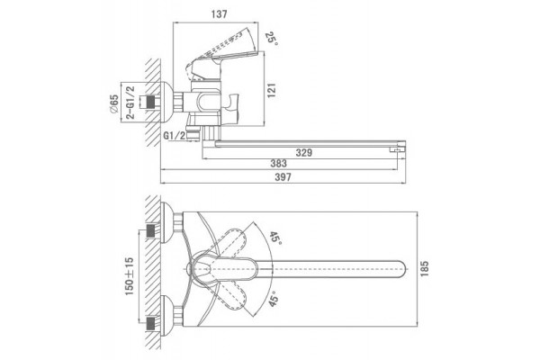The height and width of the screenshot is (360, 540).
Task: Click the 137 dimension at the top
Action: tap(219, 14)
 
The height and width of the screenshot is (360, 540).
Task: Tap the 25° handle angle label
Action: tap(271, 39)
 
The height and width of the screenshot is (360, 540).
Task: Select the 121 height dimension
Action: tap(272, 90)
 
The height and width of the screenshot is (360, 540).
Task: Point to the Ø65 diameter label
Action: tap(113, 103)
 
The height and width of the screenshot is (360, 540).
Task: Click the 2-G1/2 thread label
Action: tap(130, 103)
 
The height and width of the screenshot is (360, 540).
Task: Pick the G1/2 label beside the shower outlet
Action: tap(174, 136)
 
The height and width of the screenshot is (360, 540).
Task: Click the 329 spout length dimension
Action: tap(304, 153)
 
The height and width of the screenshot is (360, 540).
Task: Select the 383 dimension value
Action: tap(278, 163)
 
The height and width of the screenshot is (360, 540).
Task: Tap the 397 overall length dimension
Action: tap(283, 177)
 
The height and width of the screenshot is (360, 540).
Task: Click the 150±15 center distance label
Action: tap(129, 276)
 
